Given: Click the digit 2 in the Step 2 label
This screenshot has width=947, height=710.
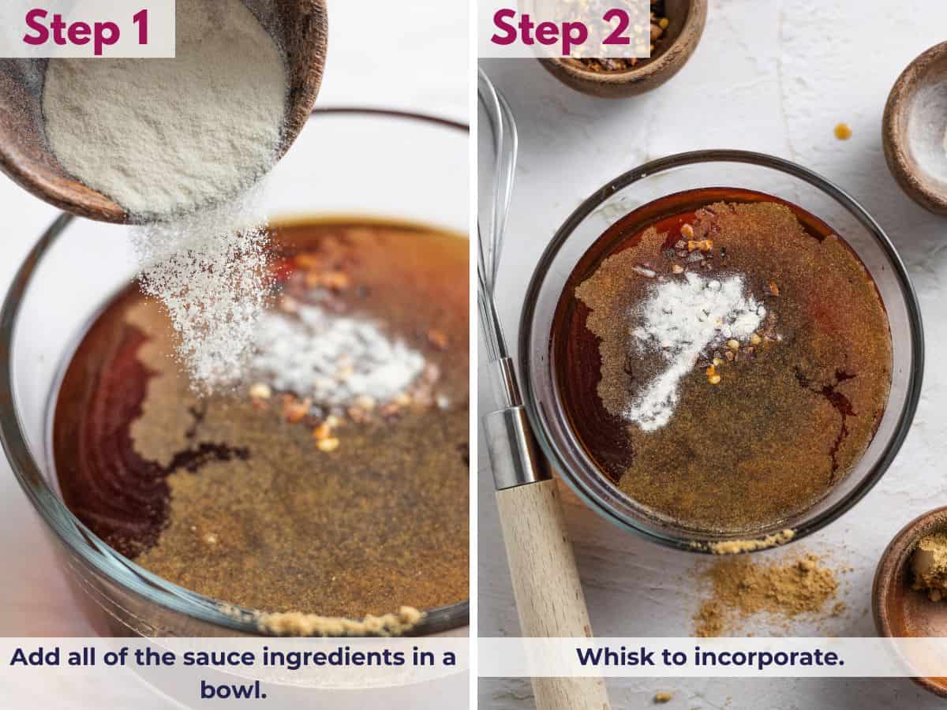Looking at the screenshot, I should (x=616, y=28).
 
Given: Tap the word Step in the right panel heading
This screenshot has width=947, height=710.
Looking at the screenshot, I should (x=537, y=28).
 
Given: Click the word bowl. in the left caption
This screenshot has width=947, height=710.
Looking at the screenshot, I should (x=233, y=689).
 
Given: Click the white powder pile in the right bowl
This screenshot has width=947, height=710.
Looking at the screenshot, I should (x=687, y=331).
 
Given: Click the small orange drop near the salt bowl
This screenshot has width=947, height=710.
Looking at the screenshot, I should (x=843, y=131).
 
